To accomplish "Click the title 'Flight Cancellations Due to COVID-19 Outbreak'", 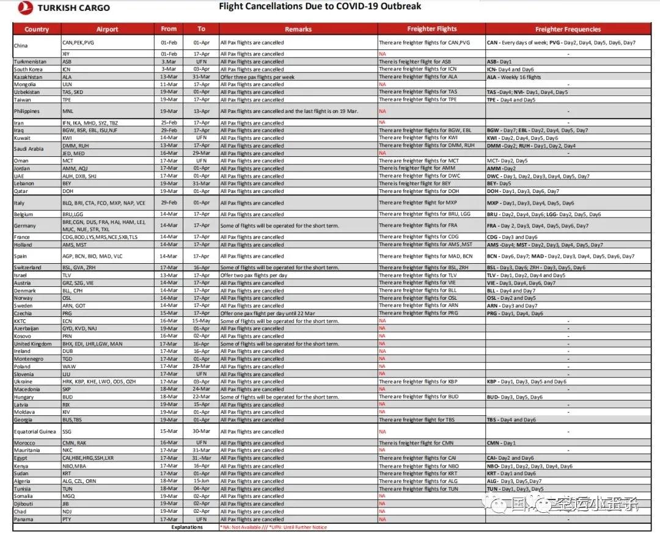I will (x=320, y=7).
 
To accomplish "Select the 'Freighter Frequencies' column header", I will (x=568, y=29).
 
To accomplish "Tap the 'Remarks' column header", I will (x=298, y=29).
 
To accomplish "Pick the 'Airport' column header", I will (x=108, y=29).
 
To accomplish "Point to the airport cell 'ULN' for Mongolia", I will (x=67, y=84).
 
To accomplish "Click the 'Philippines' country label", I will (x=26, y=111).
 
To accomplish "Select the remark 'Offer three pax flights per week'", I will (x=257, y=77).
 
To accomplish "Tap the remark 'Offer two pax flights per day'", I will (x=253, y=275).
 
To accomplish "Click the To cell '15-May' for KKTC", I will (x=201, y=321).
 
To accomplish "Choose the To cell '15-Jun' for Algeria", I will (x=201, y=481).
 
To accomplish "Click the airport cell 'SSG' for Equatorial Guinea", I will (x=67, y=432).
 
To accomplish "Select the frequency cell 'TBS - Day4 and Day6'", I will (x=512, y=420).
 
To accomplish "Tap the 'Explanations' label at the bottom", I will (x=187, y=527).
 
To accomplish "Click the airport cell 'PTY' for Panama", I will (x=67, y=520).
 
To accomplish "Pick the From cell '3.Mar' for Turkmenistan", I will (x=169, y=62).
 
